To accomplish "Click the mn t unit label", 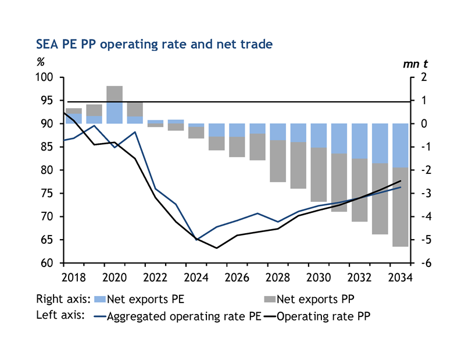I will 415,64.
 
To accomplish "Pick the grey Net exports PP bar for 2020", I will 114,94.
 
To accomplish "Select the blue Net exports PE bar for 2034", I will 400,145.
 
